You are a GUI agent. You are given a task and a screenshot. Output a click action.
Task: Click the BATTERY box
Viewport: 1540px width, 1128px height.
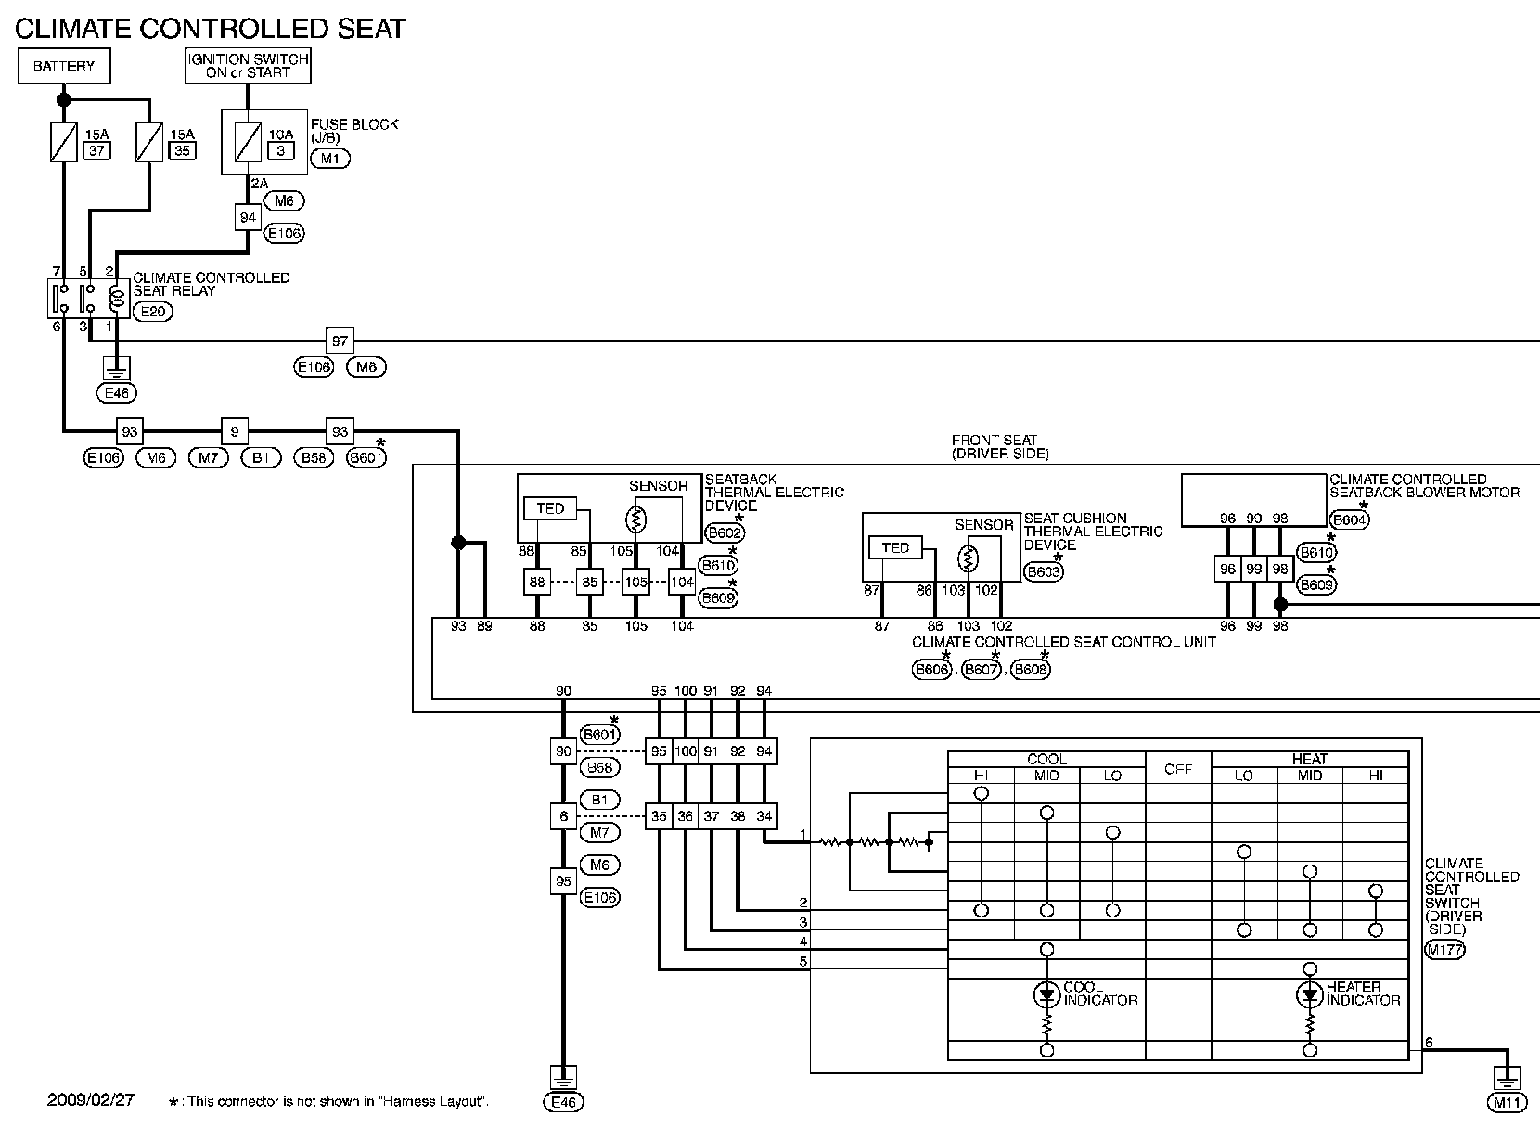click(64, 67)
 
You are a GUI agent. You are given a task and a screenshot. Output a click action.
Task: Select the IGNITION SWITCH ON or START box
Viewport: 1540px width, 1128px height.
click(248, 66)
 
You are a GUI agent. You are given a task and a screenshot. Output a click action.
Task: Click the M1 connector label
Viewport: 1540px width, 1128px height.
click(330, 159)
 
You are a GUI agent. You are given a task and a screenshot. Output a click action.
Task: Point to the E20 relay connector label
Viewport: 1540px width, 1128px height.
click(152, 312)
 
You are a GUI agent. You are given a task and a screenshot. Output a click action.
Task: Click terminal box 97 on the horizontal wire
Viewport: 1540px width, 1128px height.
click(340, 341)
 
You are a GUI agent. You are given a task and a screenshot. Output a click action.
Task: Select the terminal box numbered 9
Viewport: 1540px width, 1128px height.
click(235, 432)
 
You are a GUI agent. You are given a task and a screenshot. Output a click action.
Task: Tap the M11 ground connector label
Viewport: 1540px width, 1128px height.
click(1506, 1103)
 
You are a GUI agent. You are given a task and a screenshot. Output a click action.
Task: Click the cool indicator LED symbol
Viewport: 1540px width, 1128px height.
click(1046, 996)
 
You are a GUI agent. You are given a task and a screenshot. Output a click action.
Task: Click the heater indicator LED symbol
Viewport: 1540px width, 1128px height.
click(1309, 996)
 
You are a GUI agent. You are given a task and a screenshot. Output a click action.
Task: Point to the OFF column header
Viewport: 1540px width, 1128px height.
click(1177, 769)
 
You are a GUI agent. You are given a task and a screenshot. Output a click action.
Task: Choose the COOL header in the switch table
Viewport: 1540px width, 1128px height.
click(1046, 759)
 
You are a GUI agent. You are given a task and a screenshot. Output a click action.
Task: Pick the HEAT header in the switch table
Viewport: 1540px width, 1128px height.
click(1309, 759)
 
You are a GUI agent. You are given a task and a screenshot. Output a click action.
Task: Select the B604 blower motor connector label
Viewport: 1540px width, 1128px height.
click(1349, 520)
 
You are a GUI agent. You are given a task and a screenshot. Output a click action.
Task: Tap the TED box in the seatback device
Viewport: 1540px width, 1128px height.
click(550, 508)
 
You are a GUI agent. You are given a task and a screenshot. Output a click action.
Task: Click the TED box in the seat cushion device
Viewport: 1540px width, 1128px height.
click(895, 547)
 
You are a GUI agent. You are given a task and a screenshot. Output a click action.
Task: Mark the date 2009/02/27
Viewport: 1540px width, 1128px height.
click(91, 1100)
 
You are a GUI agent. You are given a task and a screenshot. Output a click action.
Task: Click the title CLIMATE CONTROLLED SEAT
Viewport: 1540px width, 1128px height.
click(211, 29)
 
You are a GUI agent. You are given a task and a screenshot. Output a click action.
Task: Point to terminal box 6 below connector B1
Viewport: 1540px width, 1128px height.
click(563, 816)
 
